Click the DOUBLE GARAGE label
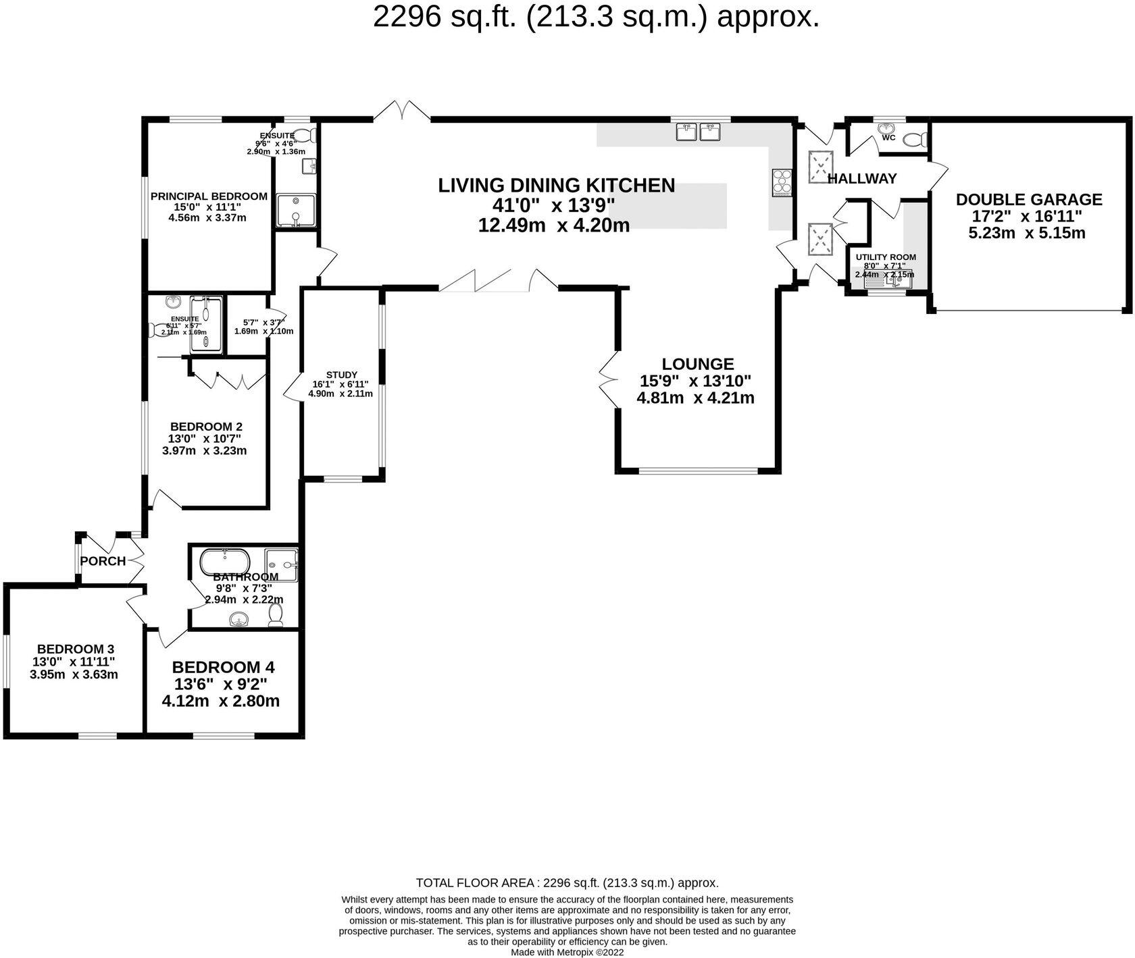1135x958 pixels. point(1028,199)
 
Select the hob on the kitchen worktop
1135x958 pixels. point(781,182)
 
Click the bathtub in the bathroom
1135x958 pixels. point(225,561)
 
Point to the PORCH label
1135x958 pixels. point(103,561)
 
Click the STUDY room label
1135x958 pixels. point(341,375)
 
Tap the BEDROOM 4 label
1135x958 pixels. point(223,667)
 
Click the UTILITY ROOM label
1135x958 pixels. point(885,257)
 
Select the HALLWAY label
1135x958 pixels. point(862,179)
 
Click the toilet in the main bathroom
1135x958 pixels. point(275,614)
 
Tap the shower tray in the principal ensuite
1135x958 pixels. point(295,210)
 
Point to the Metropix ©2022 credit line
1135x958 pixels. point(567,953)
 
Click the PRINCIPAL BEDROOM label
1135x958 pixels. point(209,196)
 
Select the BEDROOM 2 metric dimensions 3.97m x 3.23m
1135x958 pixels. point(204,450)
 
